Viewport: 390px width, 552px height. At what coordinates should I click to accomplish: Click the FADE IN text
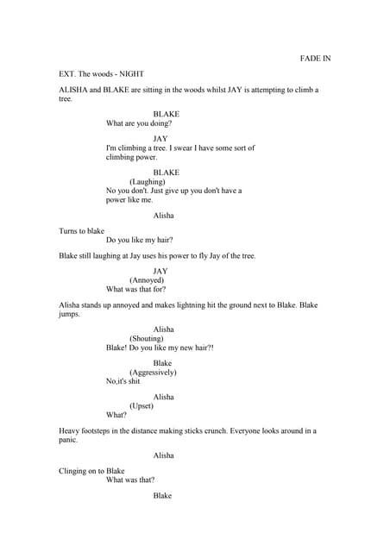click(315, 59)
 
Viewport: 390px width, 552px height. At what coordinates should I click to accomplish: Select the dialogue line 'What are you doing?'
click(139, 123)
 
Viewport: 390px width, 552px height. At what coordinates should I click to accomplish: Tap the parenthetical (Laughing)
click(148, 182)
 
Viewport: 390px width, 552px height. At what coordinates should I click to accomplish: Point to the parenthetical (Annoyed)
click(147, 280)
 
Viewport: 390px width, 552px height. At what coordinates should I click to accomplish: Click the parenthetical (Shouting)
click(148, 339)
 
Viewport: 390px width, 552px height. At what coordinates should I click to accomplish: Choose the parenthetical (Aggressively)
click(153, 373)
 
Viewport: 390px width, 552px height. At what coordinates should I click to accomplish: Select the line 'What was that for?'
click(136, 289)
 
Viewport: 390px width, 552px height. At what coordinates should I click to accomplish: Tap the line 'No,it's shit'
click(123, 381)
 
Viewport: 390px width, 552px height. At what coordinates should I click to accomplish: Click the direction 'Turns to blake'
click(81, 231)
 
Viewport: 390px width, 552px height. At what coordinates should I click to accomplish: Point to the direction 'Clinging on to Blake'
click(91, 471)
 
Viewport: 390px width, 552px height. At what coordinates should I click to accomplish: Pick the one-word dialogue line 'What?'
click(116, 414)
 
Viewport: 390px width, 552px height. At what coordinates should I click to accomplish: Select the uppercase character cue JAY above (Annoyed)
click(160, 271)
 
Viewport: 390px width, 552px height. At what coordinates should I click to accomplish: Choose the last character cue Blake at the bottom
click(162, 496)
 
